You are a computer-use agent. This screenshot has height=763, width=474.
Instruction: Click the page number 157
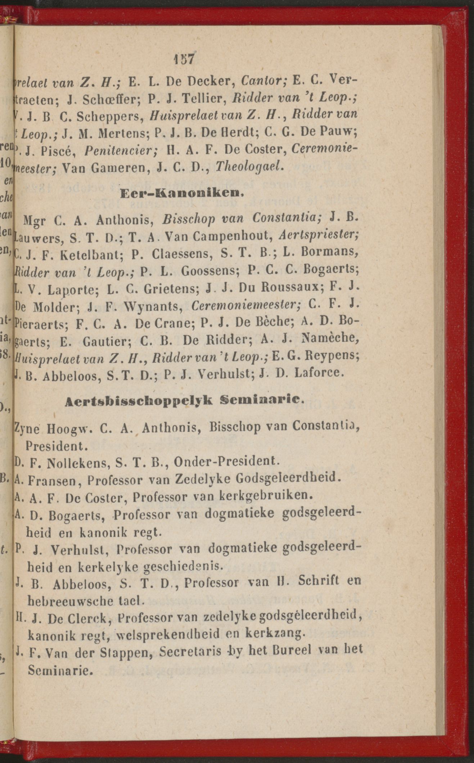coord(184,59)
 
